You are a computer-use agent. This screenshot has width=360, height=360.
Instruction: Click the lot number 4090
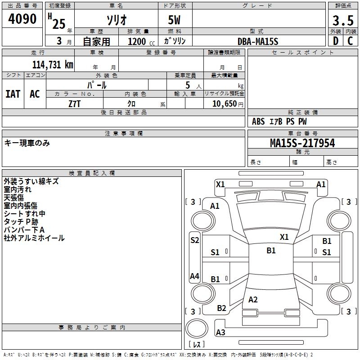(22, 19)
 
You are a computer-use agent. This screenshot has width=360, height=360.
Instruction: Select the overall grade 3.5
(343, 21)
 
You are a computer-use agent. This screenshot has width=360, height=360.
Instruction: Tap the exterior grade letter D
(336, 41)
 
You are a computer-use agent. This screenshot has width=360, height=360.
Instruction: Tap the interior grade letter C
(351, 41)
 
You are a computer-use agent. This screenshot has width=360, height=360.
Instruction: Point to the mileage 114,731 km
(53, 65)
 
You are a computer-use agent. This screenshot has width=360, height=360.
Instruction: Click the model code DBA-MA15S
(258, 41)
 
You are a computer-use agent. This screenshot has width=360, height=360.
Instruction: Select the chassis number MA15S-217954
(302, 143)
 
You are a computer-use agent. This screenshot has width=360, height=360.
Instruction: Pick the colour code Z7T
(74, 104)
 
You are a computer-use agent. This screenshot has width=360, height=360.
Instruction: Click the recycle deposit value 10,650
(225, 104)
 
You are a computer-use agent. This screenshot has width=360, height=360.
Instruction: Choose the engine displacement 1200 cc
(141, 42)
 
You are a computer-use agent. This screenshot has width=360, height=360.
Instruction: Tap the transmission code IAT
(13, 94)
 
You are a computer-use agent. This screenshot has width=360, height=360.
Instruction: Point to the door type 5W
(174, 20)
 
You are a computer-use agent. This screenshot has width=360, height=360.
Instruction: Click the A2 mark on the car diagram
(253, 299)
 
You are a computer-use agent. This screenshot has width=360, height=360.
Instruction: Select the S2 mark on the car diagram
(195, 240)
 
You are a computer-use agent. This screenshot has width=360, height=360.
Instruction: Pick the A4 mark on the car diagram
(194, 276)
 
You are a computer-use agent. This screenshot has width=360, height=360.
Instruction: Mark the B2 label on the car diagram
(221, 308)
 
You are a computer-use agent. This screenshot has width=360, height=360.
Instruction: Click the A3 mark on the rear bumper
(220, 332)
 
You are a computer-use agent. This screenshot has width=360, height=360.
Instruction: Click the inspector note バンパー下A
(24, 230)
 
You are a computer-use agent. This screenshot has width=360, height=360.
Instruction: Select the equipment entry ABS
(258, 121)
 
